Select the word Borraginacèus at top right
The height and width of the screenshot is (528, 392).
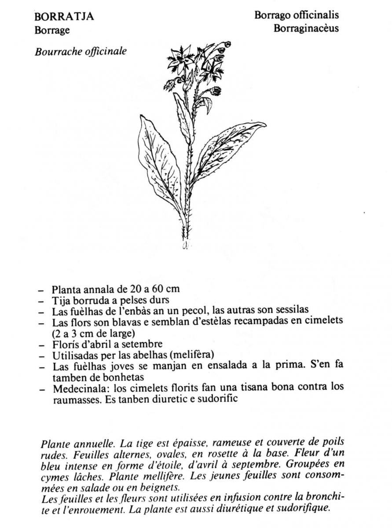click(306, 29)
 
